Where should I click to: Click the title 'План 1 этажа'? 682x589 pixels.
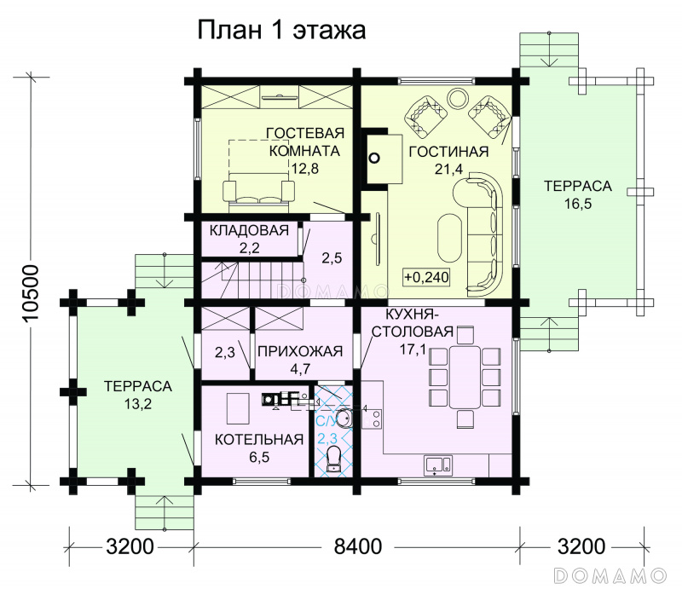click(281, 31)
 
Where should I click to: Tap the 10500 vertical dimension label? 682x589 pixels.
click(32, 292)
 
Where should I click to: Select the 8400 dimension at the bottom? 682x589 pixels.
click(358, 546)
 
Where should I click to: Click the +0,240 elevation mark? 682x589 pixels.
click(427, 277)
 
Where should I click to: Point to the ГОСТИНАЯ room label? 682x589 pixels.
click(449, 152)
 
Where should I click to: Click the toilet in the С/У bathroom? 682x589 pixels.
click(333, 459)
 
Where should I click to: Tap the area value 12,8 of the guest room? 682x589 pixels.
click(305, 168)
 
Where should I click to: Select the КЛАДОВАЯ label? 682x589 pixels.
click(249, 229)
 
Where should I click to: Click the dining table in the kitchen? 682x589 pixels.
click(465, 376)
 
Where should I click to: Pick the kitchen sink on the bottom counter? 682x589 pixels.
click(438, 465)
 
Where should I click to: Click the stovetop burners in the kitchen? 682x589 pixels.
click(373, 419)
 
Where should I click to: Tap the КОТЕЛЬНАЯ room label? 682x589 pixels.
click(259, 439)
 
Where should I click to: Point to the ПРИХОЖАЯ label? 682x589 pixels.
click(300, 351)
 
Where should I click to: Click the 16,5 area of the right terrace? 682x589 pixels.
click(578, 204)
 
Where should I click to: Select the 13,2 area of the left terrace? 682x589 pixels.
click(138, 404)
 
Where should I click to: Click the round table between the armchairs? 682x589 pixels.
click(458, 98)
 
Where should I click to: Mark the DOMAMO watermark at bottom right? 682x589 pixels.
click(610, 575)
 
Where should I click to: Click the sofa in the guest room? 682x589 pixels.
click(259, 187)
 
